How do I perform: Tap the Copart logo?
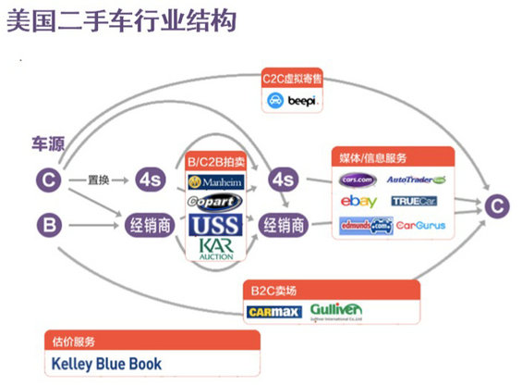[x=215, y=202]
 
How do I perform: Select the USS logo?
[x=215, y=224]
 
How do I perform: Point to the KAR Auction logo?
[x=215, y=247]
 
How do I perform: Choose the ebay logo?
[x=358, y=201]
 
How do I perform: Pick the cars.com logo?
[x=358, y=180]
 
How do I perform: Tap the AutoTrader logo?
[x=416, y=180]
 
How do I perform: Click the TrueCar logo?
[x=414, y=201]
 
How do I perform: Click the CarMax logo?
[x=273, y=312]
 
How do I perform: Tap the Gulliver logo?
[x=335, y=311]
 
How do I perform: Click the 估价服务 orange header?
[x=74, y=340]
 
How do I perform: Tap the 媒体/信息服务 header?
[x=375, y=158]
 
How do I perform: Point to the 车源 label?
[x=48, y=144]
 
